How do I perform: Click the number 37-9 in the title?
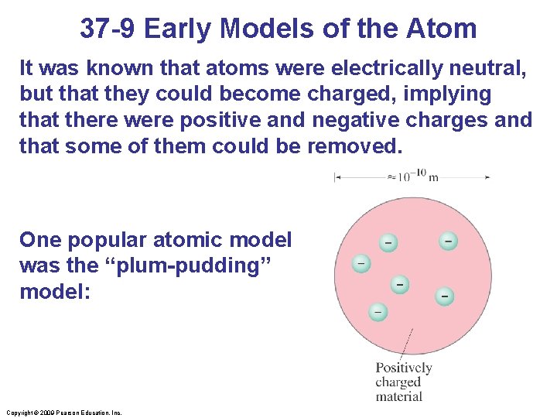[108, 29]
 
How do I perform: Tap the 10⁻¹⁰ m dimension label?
[412, 176]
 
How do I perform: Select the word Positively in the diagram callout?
[404, 368]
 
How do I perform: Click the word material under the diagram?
[399, 396]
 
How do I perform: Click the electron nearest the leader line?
[378, 310]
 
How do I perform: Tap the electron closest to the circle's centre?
[400, 284]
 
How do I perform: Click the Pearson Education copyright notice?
[63, 413]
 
